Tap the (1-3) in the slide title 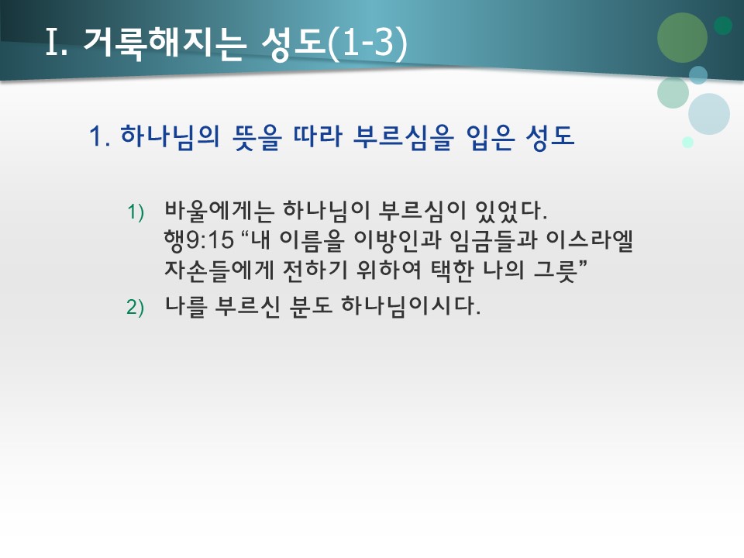pos(367,45)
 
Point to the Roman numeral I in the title pos(52,45)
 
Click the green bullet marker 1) pos(136,212)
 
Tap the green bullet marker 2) pos(136,308)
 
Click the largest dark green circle pos(682,37)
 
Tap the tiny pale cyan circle pos(687,142)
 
